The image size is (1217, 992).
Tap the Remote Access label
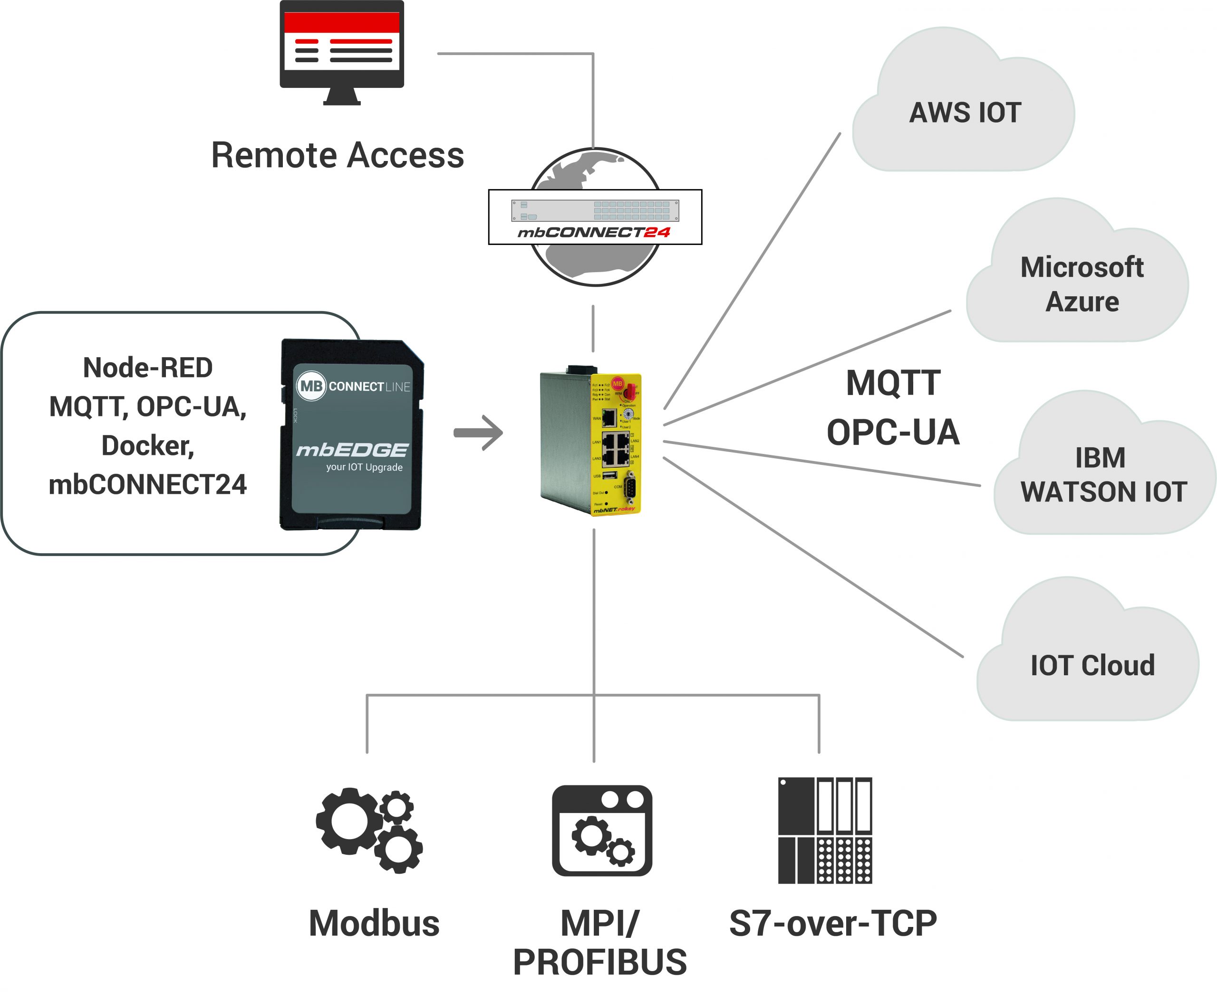[338, 155]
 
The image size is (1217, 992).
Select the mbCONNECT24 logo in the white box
[594, 233]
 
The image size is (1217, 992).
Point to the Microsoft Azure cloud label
[1082, 284]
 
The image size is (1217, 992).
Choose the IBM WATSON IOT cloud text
[1103, 475]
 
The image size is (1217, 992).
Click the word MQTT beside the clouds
[893, 383]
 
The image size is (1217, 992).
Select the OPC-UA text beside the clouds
[893, 433]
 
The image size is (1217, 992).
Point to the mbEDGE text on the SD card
[352, 450]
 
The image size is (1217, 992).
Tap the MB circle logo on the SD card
[310, 386]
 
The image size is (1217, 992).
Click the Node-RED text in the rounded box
[147, 368]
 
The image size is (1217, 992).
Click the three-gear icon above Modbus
[369, 830]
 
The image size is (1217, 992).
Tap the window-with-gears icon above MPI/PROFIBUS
[602, 830]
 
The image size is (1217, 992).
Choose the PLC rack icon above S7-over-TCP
[825, 830]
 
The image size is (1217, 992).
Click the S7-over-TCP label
[833, 924]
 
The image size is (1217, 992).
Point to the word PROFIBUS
[599, 962]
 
